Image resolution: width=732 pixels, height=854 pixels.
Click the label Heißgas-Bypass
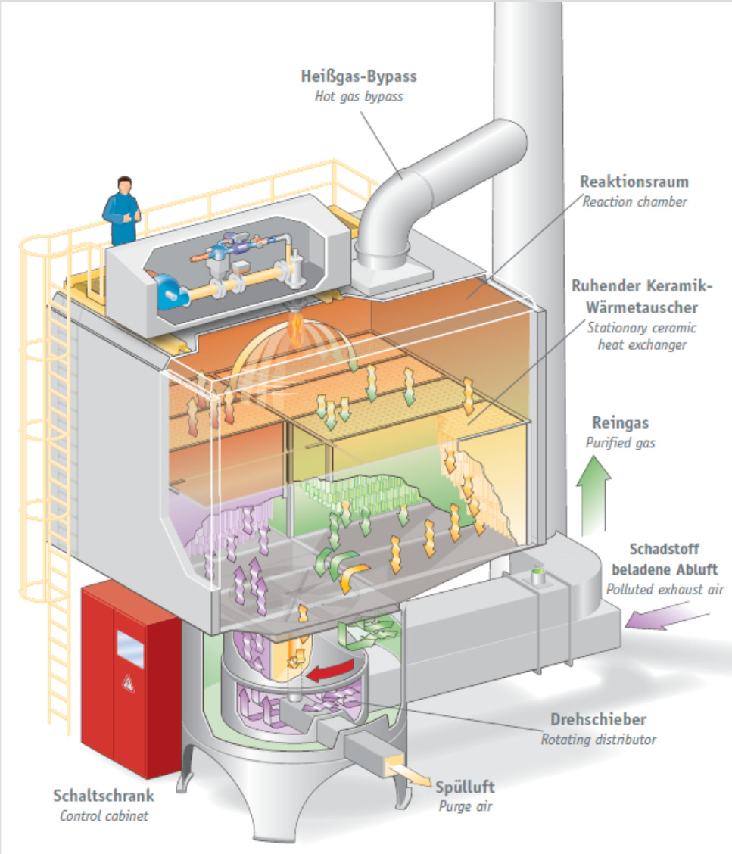pyautogui.click(x=359, y=76)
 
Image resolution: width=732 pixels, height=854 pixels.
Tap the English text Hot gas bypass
pyautogui.click(x=359, y=96)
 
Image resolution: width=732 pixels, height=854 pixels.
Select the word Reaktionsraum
pyautogui.click(x=634, y=182)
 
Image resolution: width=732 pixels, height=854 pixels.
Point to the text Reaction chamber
pyautogui.click(x=634, y=201)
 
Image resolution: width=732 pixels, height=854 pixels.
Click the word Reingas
pyautogui.click(x=621, y=422)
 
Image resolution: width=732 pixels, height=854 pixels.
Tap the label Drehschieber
pyautogui.click(x=599, y=719)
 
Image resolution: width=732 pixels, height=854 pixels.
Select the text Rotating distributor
pyautogui.click(x=599, y=740)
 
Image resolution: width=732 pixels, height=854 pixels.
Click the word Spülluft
pyautogui.click(x=465, y=787)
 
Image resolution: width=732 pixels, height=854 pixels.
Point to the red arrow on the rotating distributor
pyautogui.click(x=329, y=672)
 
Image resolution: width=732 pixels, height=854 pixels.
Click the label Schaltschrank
pyautogui.click(x=104, y=796)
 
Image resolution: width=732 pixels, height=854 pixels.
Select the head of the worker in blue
pyautogui.click(x=125, y=185)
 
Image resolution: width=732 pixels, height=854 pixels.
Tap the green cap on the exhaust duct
pyautogui.click(x=537, y=572)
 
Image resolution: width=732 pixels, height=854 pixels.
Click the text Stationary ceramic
pyautogui.click(x=642, y=328)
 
